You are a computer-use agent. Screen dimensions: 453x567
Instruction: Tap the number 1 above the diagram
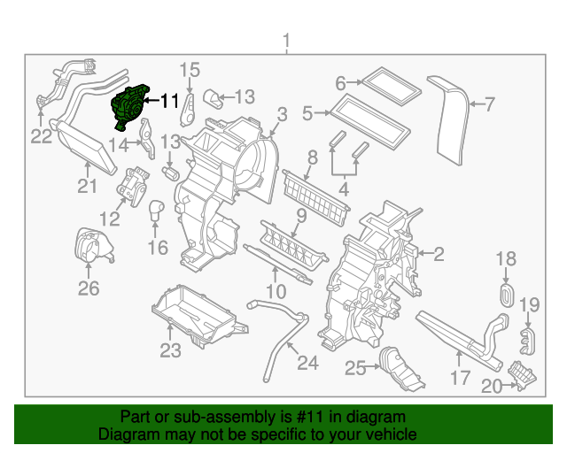point(285,40)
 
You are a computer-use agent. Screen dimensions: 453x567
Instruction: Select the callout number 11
point(169,101)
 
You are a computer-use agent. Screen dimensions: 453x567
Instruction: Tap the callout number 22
point(42,136)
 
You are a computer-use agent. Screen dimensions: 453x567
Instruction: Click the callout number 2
point(438,255)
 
